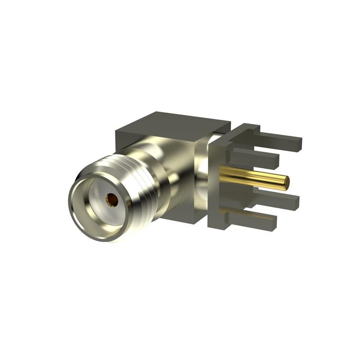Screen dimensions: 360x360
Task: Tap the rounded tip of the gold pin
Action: point(286,182)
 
